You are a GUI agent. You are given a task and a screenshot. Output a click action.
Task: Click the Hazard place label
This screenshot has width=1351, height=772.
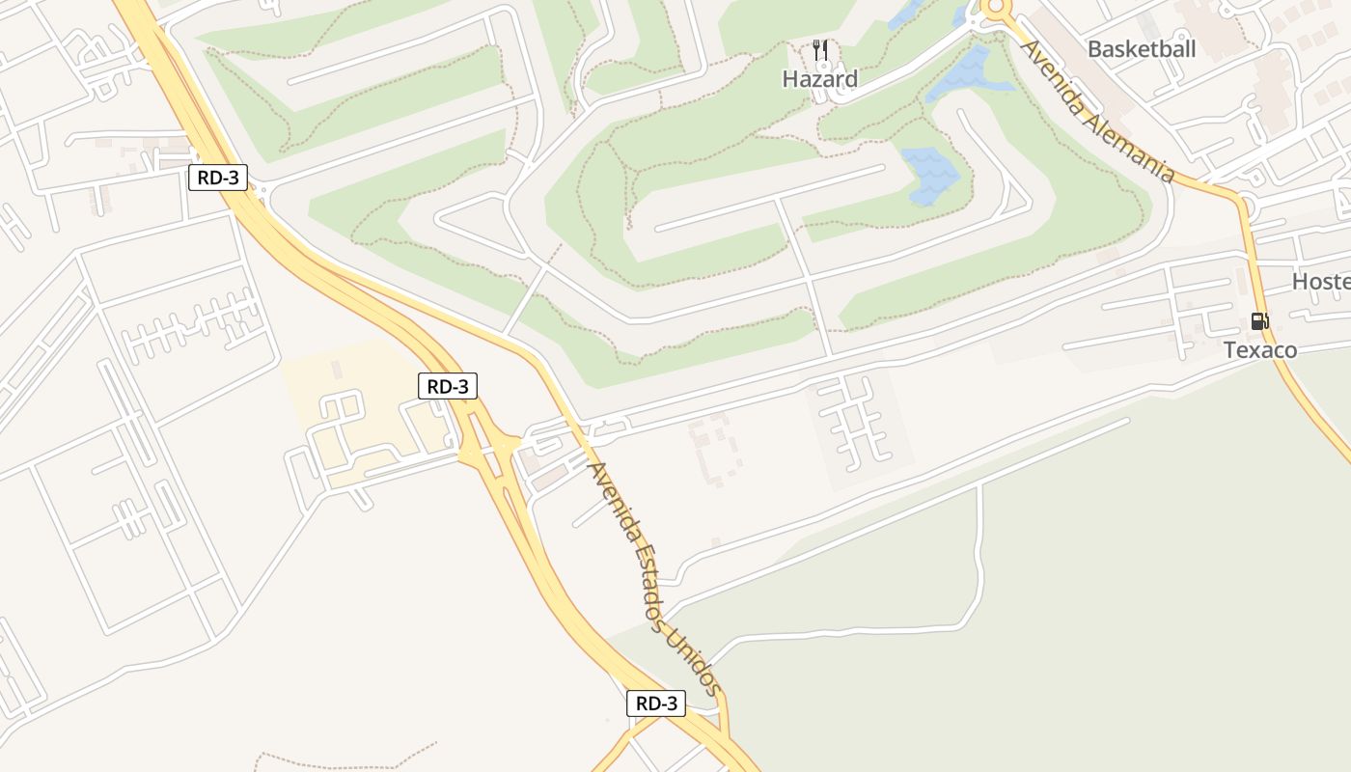point(819,79)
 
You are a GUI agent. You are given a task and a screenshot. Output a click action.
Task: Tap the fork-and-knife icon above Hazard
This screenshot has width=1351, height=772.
point(820,50)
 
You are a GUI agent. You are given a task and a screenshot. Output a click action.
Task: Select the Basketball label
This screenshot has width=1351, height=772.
point(1141,49)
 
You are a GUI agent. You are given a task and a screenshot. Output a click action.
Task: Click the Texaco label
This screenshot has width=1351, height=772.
point(1260,349)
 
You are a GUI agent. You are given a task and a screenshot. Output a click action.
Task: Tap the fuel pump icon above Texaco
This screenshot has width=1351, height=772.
point(1258,321)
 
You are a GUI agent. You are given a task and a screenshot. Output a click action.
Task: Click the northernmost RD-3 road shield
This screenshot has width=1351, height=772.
point(218,178)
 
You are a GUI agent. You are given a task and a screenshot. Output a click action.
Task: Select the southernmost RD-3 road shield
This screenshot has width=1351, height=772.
point(656,703)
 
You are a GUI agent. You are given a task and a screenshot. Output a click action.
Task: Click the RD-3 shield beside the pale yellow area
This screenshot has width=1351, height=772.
point(448,387)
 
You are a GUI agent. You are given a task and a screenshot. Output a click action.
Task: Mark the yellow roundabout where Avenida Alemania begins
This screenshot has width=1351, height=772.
point(995,9)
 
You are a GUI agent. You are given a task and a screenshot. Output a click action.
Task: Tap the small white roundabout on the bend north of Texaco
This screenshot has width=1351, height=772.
point(1246,205)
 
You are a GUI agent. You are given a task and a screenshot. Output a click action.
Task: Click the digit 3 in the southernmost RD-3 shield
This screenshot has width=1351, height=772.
point(672,703)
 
